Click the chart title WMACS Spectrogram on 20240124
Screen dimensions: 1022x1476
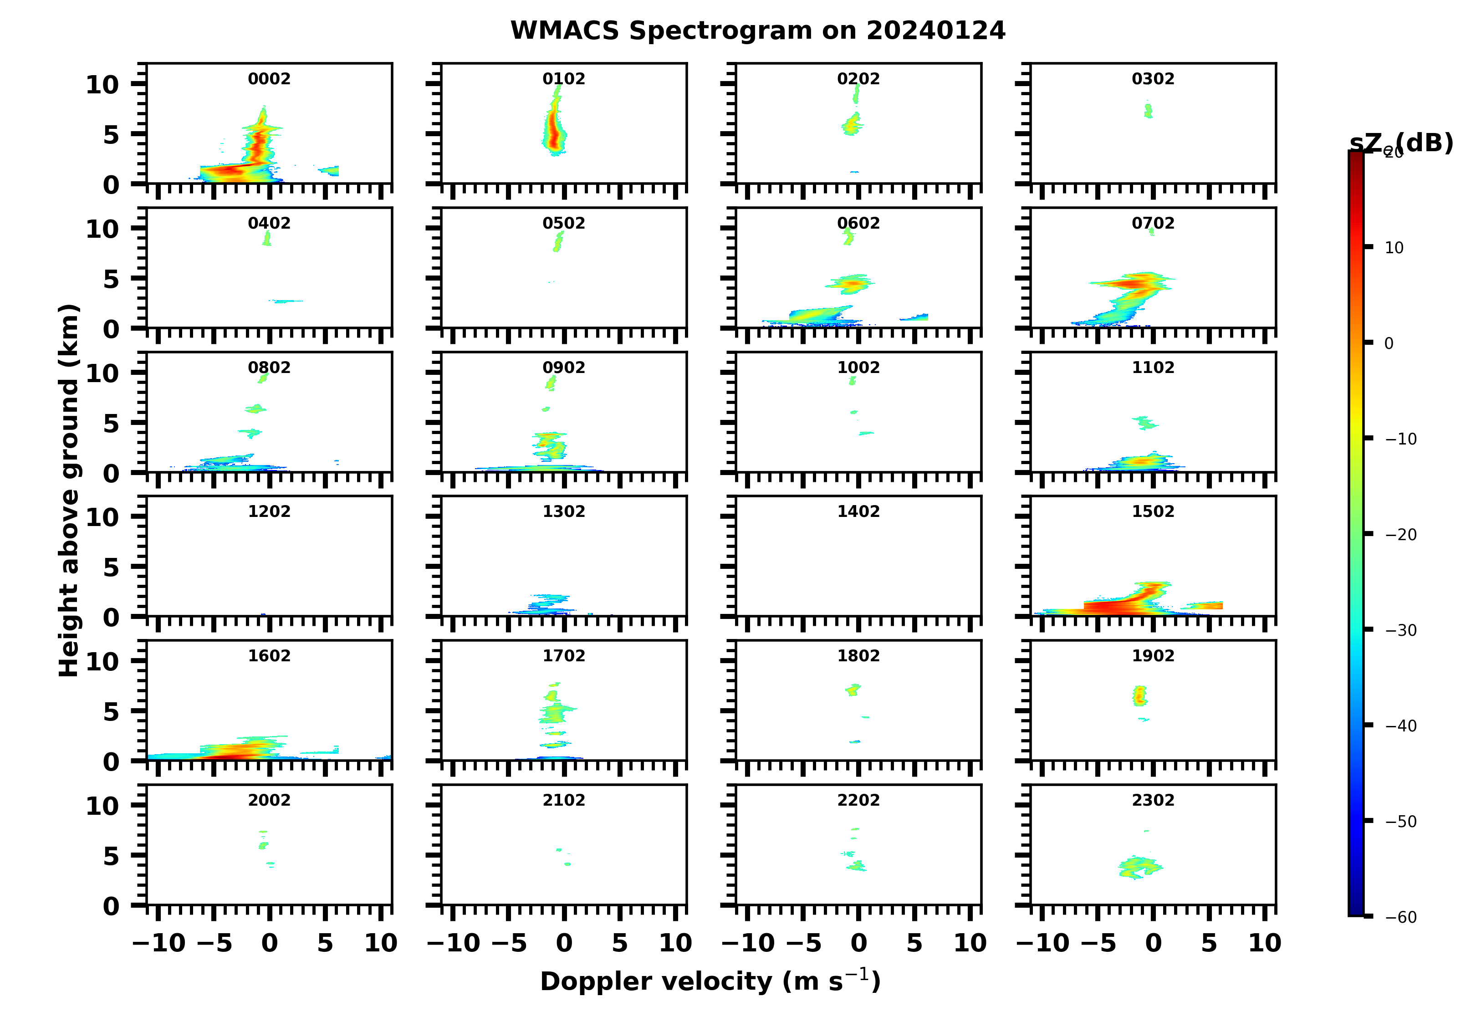[x=757, y=31]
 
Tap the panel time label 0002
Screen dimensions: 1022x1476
[x=269, y=79]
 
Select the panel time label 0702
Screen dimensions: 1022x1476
[x=1153, y=223]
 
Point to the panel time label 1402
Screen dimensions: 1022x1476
[x=858, y=511]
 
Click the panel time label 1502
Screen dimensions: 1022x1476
[x=1153, y=511]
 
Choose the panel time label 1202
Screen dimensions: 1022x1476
[x=269, y=511]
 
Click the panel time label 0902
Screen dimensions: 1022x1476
[x=563, y=368]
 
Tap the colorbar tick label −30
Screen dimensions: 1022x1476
[x=1400, y=630]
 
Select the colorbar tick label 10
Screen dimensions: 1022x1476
[x=1394, y=248]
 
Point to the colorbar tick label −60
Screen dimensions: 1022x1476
[x=1400, y=917]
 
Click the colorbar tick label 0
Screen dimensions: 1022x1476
[x=1388, y=344]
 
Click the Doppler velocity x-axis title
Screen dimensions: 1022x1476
[x=710, y=981]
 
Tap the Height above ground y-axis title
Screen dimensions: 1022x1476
[x=69, y=491]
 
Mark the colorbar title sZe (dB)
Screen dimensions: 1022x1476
[x=1401, y=143]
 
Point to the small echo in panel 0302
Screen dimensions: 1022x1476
[x=1148, y=111]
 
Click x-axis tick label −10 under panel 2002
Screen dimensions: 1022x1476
[x=159, y=943]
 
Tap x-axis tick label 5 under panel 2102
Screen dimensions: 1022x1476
[x=619, y=943]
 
